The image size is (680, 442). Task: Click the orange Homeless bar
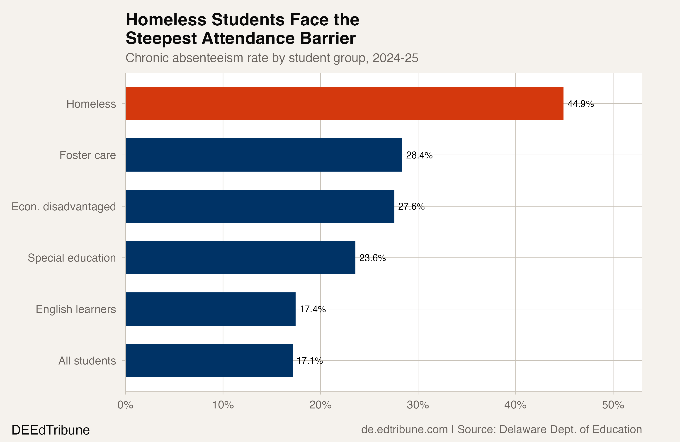click(344, 103)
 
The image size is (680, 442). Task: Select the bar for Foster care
click(264, 155)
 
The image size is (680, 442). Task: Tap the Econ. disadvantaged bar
click(260, 206)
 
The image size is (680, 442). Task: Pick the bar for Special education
click(240, 257)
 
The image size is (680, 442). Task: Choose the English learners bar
click(210, 309)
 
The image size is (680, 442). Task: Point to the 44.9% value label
click(580, 104)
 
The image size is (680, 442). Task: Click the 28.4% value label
click(419, 155)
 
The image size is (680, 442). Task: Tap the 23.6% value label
click(372, 258)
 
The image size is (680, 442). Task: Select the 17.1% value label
click(310, 361)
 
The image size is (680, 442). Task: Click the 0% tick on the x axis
click(125, 405)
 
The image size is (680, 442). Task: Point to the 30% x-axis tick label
click(418, 405)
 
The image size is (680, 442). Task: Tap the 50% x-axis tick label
click(613, 405)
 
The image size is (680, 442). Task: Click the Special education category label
click(72, 258)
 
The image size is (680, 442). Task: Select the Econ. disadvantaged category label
click(63, 206)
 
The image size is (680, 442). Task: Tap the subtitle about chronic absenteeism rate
click(272, 58)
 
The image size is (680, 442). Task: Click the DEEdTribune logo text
click(51, 430)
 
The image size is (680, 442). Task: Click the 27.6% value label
click(411, 206)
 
